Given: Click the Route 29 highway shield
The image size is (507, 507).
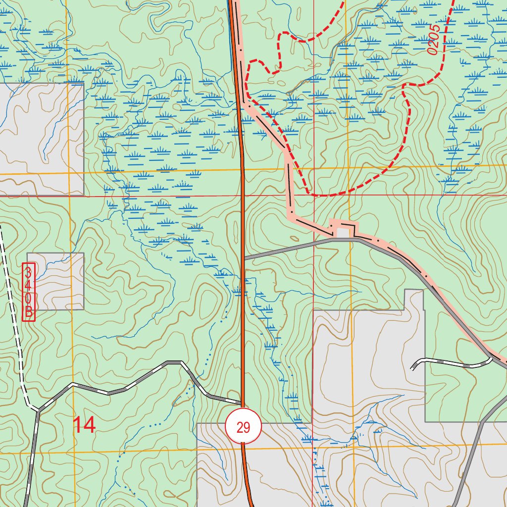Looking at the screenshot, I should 243,426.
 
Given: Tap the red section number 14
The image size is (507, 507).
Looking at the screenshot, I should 85,425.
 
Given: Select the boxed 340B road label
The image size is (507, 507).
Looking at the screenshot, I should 29,292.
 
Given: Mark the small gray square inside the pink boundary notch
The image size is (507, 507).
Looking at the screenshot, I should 342,232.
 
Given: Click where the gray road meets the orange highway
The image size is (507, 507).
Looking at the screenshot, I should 243,258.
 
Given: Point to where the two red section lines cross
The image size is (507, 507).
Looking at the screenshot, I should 314,195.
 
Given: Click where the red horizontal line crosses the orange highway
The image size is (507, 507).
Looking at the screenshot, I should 243,195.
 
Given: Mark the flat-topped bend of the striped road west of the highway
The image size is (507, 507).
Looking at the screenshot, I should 173,362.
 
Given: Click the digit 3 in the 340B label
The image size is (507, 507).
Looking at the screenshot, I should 29,272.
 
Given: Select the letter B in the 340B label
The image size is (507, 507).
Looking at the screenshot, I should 29,312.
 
